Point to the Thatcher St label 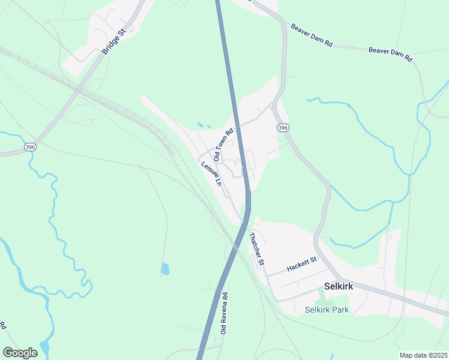pyautogui.click(x=256, y=248)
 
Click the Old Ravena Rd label pyautogui.click(x=224, y=313)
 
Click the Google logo pyautogui.click(x=20, y=352)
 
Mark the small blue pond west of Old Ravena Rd pyautogui.click(x=165, y=269)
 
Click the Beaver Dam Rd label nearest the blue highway pyautogui.click(x=312, y=35)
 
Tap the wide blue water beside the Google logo pyautogui.click(x=44, y=347)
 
